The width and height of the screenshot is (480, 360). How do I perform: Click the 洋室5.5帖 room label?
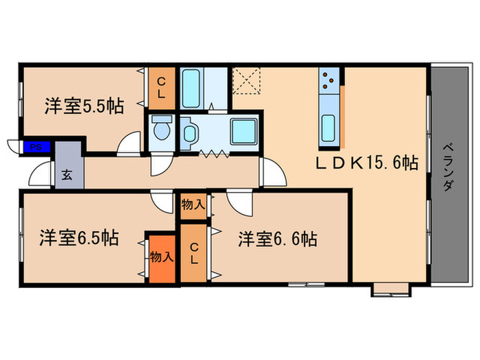pyautogui.click(x=84, y=106)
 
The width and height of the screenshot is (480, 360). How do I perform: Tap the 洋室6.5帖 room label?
pyautogui.click(x=80, y=238)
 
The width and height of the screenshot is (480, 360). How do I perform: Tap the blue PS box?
pyautogui.click(x=34, y=146)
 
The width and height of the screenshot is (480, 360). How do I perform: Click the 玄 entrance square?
pyautogui.click(x=69, y=173)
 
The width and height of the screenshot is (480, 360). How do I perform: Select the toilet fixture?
pyautogui.click(x=162, y=128)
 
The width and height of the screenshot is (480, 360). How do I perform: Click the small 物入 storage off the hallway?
pyautogui.click(x=193, y=204)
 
